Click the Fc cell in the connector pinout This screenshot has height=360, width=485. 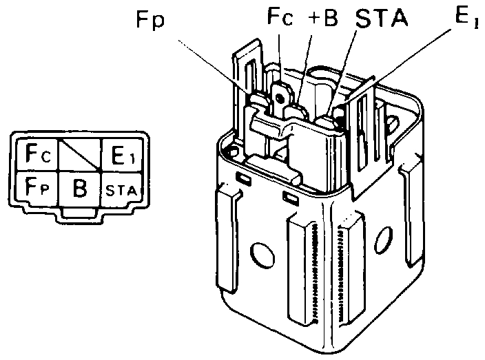click(34, 153)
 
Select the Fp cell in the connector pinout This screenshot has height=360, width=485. click(34, 187)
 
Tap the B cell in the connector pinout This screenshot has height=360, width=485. click(79, 187)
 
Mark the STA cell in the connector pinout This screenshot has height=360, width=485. click(121, 188)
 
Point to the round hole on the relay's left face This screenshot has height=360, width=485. click(261, 256)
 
